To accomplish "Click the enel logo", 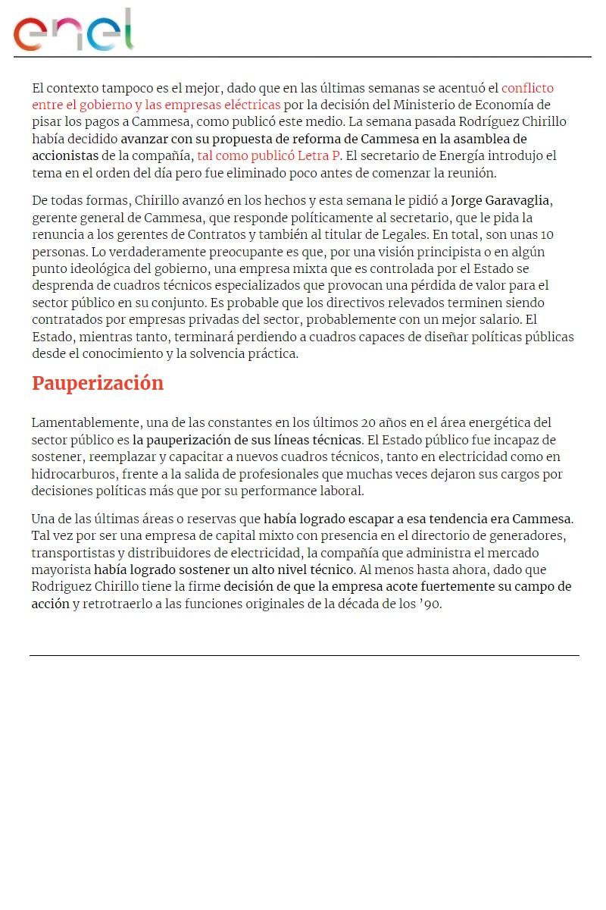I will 73,31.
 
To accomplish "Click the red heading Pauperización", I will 98,384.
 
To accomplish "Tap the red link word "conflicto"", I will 527,88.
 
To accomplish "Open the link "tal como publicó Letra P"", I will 268,156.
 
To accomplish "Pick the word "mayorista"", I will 61,570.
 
